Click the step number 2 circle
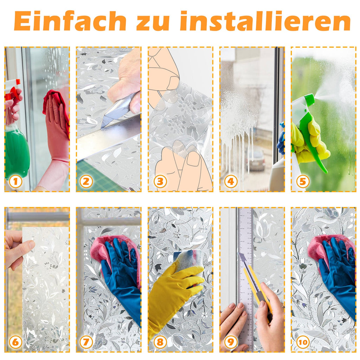click(x=86, y=181)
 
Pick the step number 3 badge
click(x=160, y=181)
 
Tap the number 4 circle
click(x=231, y=181)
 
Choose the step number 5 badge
click(x=303, y=181)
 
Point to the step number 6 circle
click(x=15, y=342)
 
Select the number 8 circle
click(x=160, y=342)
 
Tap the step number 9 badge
click(x=231, y=342)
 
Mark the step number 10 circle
click(x=303, y=341)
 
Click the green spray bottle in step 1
click(x=16, y=151)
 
